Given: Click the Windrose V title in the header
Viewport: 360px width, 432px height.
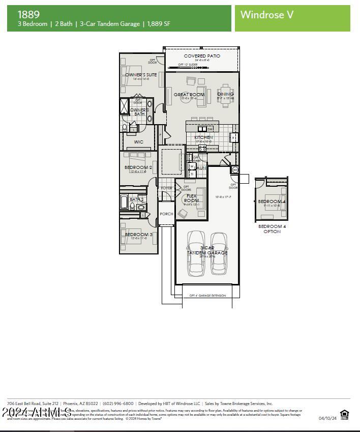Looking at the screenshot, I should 267,15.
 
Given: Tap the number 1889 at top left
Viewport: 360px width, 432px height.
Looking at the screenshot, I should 28,14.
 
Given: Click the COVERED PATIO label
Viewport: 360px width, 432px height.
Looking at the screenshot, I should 202,56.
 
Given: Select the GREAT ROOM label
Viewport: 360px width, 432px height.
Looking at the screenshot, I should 189,95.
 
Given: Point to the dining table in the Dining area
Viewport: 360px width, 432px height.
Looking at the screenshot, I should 225,96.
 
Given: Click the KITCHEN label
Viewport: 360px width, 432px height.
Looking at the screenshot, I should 203,137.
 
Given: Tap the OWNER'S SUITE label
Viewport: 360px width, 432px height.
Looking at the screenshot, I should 141,75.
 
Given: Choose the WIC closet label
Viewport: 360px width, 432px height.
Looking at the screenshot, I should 138,142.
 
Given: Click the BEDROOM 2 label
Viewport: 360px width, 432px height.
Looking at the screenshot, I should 138,167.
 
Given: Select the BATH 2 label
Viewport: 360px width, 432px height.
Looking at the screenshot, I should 136,199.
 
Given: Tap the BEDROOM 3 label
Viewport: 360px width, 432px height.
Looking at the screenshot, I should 138,235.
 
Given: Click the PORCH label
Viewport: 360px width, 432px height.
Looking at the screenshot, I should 166,214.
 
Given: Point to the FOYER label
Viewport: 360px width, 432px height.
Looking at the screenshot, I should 166,188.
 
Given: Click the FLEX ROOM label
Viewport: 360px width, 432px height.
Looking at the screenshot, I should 192,198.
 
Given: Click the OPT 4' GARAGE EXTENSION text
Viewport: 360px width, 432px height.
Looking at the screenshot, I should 207,296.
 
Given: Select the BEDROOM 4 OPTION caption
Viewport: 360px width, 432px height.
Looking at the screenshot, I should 272,229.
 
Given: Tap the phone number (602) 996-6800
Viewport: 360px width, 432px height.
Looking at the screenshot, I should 118,404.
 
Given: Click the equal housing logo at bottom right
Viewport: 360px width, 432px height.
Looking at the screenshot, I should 344,414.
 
